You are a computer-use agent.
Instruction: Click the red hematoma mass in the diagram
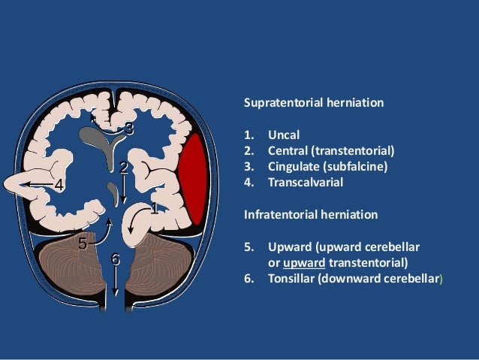coord(193,179)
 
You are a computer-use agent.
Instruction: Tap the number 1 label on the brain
coord(155,208)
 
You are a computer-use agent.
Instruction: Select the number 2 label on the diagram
coord(124,168)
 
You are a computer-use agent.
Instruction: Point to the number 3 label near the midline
coord(130,129)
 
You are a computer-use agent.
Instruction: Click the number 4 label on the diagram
coord(59,185)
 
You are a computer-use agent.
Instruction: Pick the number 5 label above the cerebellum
coord(83,244)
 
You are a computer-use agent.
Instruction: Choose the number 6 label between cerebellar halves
coord(115,259)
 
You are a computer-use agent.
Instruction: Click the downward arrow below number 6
coord(115,281)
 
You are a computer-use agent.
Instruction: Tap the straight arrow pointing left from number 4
coord(39,184)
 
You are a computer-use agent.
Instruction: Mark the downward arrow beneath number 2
coord(123,189)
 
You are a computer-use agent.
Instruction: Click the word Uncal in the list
coord(284,135)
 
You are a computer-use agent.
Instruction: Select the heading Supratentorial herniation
coord(314,102)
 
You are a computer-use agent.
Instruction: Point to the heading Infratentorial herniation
coord(311,214)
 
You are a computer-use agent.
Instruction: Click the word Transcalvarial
coord(306,183)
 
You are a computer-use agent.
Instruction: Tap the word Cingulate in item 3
coord(294,167)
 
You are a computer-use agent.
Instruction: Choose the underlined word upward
coord(304,263)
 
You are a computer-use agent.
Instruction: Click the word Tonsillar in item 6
coord(291,279)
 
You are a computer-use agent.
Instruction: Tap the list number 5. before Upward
coord(249,247)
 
